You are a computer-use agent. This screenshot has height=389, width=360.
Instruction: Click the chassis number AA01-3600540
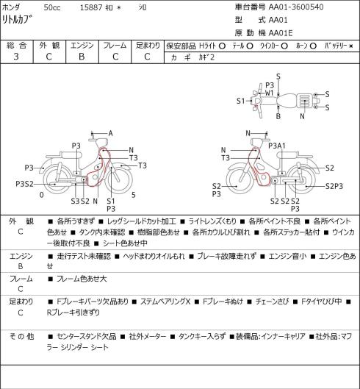296,7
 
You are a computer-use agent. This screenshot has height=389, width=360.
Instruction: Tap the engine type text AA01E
281,33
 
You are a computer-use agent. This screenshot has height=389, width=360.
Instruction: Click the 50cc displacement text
52,7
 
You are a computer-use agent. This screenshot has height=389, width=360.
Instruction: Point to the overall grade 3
16,57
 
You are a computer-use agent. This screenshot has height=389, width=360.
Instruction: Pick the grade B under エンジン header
82,57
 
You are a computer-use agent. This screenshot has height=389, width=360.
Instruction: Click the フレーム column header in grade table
115,46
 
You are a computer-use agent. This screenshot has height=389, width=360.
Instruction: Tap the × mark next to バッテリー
351,46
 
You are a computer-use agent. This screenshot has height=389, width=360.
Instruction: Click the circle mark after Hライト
222,46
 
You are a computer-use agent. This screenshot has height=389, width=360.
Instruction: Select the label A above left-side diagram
111,134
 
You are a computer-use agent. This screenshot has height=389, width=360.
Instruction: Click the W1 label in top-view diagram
269,93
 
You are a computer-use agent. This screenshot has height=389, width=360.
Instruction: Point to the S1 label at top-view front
240,101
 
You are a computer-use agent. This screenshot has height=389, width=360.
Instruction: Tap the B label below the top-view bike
278,116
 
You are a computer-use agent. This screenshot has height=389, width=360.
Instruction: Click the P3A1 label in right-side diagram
277,146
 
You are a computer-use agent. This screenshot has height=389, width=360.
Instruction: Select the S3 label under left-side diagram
75,201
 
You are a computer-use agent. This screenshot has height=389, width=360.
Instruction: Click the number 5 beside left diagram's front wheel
134,195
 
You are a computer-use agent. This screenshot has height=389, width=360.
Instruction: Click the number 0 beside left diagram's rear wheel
42,195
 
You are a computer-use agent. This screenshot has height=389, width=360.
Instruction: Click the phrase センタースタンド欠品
87,336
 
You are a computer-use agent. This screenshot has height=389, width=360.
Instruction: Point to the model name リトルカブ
18,19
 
